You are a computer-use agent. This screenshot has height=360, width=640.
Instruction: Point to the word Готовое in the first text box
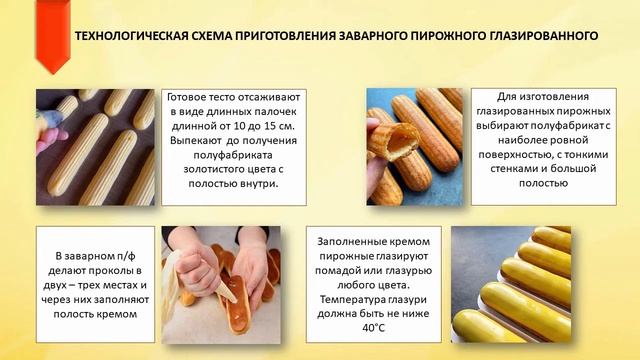189,98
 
